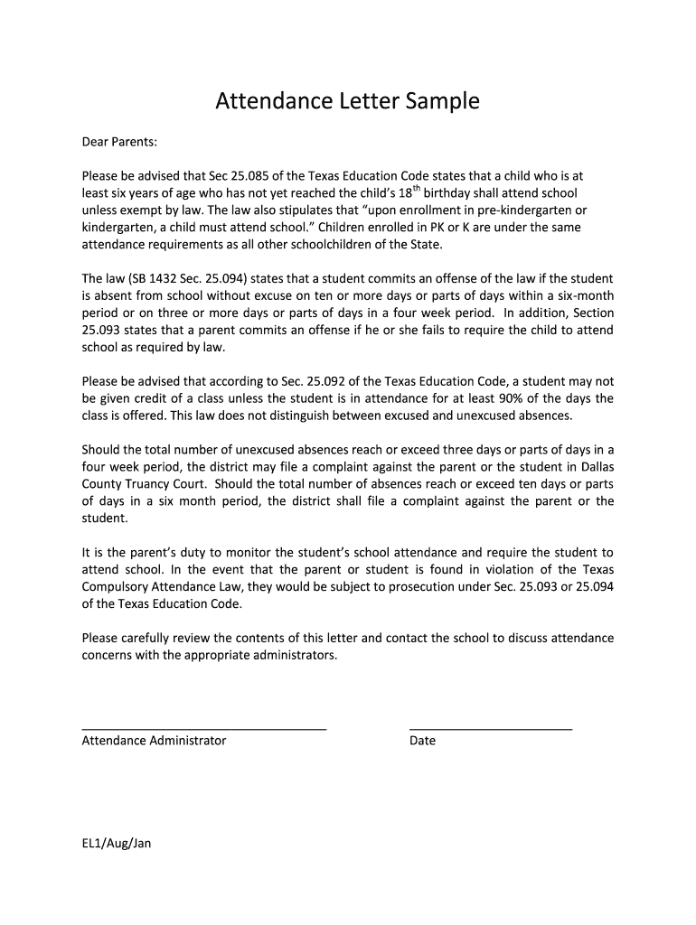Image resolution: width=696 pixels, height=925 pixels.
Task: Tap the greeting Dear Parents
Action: [x=119, y=142]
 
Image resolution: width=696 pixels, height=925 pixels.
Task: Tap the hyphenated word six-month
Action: [x=582, y=294]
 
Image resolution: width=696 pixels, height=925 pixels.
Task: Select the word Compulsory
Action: [x=117, y=586]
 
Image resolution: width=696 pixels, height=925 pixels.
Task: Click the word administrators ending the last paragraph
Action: [x=293, y=655]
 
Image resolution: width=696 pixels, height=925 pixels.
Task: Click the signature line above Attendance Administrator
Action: [x=203, y=727]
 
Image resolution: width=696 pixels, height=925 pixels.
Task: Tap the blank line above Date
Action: [x=490, y=727]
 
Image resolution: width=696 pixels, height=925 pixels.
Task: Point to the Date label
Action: [x=422, y=741]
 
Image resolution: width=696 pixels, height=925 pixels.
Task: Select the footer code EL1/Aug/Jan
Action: [x=117, y=844]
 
